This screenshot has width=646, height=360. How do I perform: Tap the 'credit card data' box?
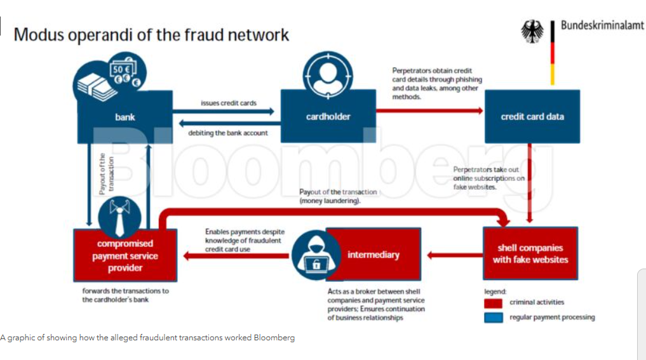point(532,117)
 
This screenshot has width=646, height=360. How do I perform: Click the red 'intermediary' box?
point(373,255)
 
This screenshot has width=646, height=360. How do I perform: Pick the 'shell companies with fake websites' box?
point(530,254)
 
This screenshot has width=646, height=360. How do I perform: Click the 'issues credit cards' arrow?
point(228,112)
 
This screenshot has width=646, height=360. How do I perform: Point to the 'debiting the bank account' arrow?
point(228,123)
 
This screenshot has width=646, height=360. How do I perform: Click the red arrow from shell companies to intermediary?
point(454,255)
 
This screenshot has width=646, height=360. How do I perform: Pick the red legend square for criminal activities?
point(494,303)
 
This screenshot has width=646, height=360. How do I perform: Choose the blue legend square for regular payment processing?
point(494,317)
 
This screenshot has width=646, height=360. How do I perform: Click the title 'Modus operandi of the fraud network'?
point(151,34)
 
